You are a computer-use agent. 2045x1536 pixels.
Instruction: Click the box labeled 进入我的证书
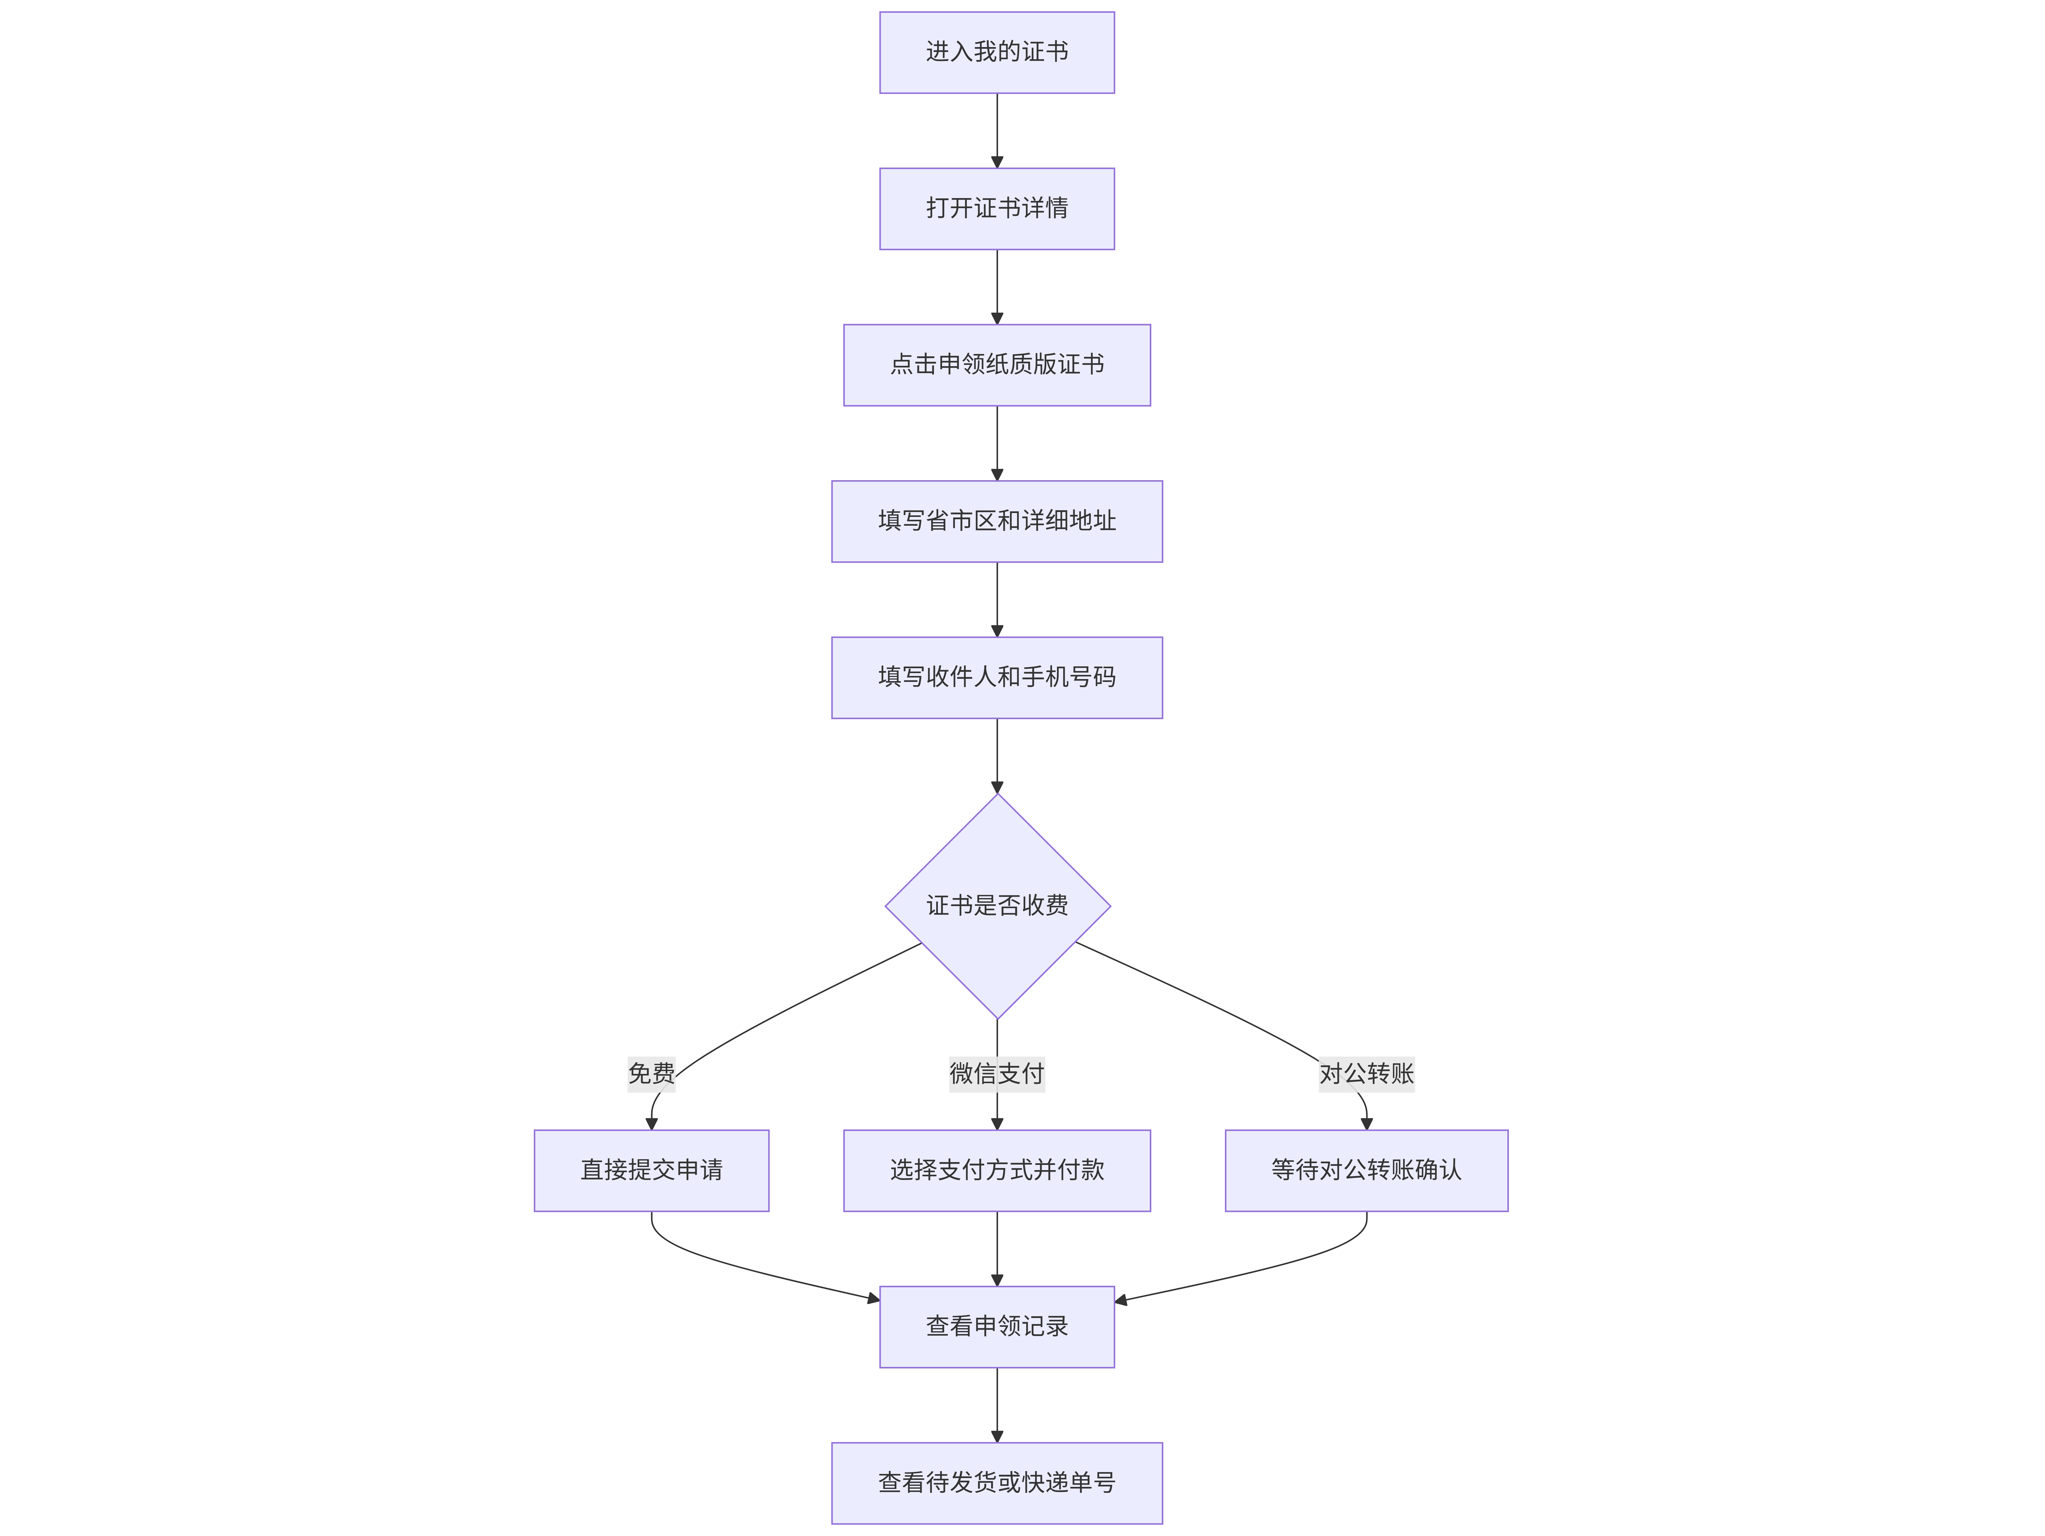coord(997,53)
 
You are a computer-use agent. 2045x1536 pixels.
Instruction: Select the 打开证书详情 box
coord(997,209)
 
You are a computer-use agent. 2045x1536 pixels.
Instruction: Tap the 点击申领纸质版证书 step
coord(997,365)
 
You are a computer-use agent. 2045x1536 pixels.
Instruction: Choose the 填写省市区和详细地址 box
coord(997,522)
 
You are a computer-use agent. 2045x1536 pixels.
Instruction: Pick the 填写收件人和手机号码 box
coord(997,678)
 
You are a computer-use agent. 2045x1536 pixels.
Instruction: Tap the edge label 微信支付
coord(997,1074)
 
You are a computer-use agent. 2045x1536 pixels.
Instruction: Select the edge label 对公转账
coord(1366,1074)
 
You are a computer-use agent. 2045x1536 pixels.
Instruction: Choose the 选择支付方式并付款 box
coord(997,1171)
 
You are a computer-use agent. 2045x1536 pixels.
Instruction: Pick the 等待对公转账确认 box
coord(1366,1171)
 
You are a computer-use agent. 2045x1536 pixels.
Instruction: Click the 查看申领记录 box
coord(997,1327)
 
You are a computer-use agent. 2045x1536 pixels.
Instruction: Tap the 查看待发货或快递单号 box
coord(997,1483)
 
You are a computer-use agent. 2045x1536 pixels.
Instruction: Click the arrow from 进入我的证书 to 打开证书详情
coord(997,130)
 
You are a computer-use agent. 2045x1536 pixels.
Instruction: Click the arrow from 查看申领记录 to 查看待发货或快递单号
coord(997,1405)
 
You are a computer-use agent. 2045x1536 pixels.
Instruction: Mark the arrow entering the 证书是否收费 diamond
coord(997,756)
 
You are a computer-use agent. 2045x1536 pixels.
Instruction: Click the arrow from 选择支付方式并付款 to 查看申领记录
coord(997,1248)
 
